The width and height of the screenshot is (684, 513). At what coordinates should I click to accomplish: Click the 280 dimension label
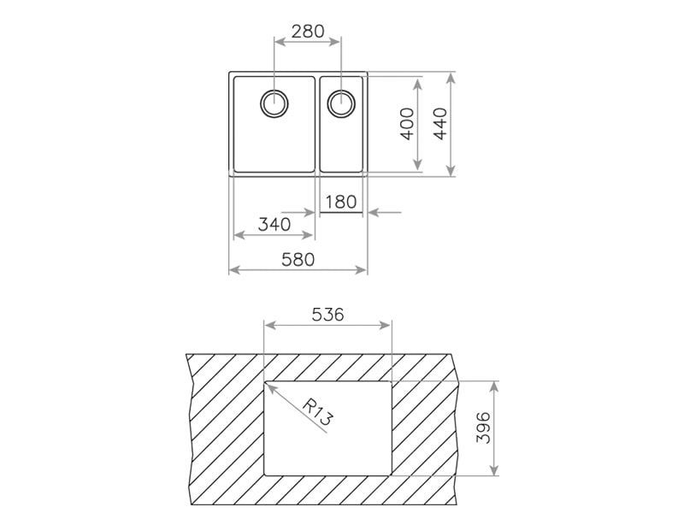(307, 31)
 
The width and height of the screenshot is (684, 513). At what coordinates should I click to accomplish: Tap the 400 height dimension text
(407, 125)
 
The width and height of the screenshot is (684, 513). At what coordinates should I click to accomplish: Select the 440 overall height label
(440, 125)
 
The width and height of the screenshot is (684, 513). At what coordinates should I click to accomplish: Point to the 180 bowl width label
(341, 203)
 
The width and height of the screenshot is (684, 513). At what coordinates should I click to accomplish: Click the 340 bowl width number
(274, 225)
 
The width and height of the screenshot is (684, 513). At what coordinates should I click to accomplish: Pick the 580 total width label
(298, 259)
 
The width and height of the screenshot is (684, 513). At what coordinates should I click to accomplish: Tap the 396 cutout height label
(483, 428)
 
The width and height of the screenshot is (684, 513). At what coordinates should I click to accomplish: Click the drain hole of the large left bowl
(274, 103)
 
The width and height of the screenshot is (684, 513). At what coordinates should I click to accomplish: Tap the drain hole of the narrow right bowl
(341, 103)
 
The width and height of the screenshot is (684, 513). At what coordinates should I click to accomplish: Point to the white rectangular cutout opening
(342, 445)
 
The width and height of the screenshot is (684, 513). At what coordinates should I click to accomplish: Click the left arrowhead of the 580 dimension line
(232, 270)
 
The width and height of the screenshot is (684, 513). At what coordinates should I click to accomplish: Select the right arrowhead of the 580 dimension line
(366, 270)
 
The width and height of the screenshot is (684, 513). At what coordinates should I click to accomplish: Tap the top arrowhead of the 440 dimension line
(451, 75)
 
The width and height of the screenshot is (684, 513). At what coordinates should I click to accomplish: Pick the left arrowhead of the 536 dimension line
(267, 326)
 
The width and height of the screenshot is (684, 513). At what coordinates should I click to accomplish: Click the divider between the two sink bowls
(317, 125)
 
